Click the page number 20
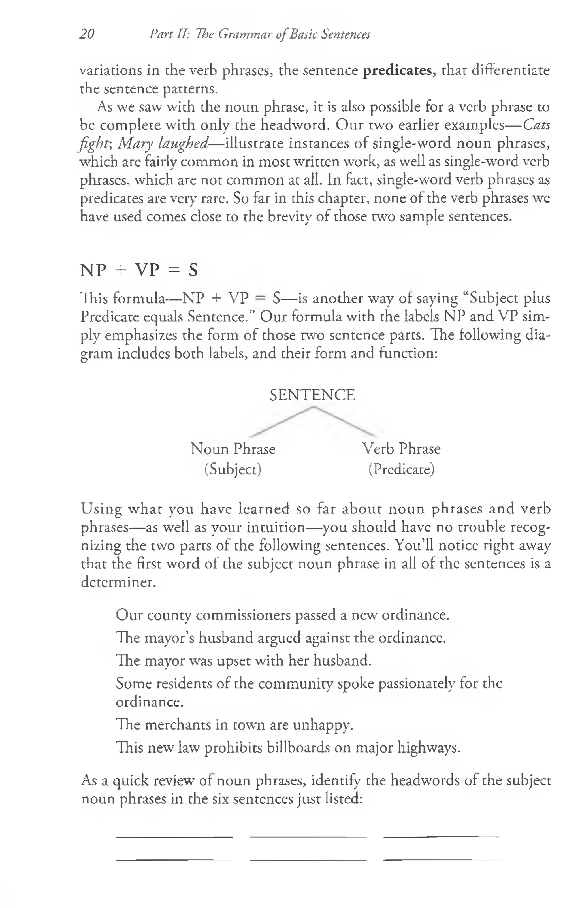[x=87, y=34]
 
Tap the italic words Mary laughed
[x=163, y=144]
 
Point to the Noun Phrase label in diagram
[x=233, y=449]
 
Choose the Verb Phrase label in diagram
[x=401, y=449]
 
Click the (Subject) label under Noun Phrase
[x=233, y=470]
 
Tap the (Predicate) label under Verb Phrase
[x=401, y=470]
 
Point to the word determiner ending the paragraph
[x=118, y=582]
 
